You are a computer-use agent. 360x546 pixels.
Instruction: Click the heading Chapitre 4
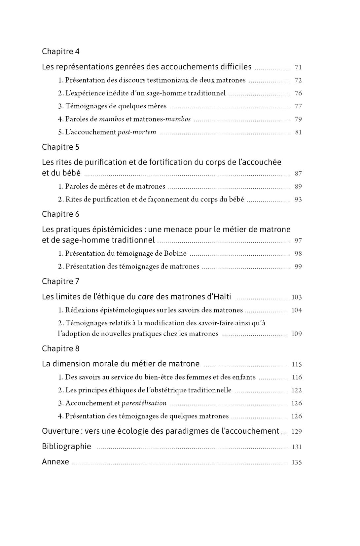click(60, 52)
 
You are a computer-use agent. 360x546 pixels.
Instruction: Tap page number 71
click(298, 67)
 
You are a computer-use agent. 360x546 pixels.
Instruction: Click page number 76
click(298, 93)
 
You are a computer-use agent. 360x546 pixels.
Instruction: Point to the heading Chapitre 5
click(60, 147)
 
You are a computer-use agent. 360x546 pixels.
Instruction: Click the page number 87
click(298, 174)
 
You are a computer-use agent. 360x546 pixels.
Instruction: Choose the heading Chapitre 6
click(60, 214)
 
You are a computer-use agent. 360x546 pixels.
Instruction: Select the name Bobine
click(175, 254)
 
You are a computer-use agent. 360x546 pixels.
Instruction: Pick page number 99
click(298, 267)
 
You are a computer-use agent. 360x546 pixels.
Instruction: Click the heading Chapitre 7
click(60, 281)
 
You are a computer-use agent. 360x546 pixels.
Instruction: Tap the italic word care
click(146, 297)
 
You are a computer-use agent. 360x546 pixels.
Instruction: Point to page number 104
click(297, 310)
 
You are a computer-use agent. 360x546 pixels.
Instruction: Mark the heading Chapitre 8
click(60, 349)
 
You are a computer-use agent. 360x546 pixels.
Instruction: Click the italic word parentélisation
click(144, 403)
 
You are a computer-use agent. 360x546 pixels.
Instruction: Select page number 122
click(297, 390)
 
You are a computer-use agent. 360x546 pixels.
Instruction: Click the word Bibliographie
click(66, 447)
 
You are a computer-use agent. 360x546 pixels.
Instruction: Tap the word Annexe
click(55, 462)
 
